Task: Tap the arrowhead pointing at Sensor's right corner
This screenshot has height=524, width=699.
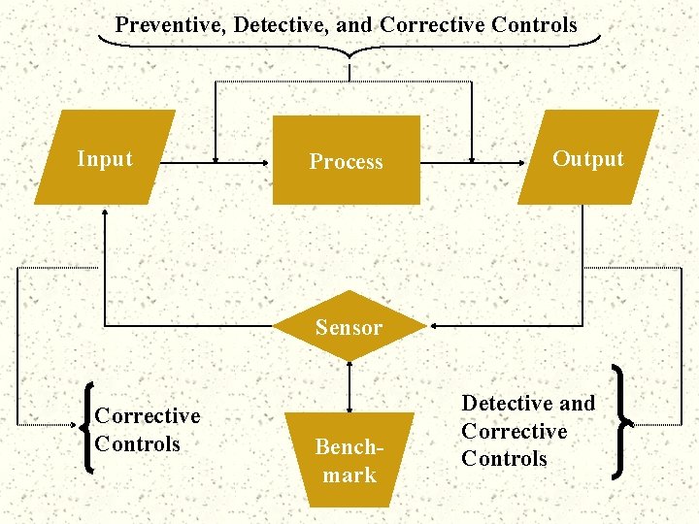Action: pos(432,326)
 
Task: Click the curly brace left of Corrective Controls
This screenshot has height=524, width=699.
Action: pos(88,428)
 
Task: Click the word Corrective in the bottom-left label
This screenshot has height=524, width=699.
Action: pos(148,415)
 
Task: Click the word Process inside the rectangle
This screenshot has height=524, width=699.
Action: pos(346,162)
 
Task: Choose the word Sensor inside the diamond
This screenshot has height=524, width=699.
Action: pos(349,328)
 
